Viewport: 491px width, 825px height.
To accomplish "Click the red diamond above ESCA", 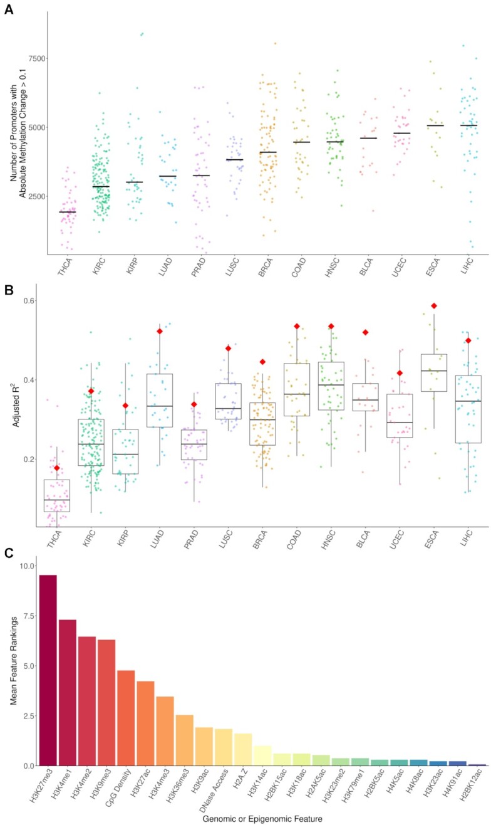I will point(433,306).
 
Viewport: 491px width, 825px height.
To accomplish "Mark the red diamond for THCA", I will point(57,468).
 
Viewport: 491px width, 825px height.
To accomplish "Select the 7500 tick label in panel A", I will point(30,58).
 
